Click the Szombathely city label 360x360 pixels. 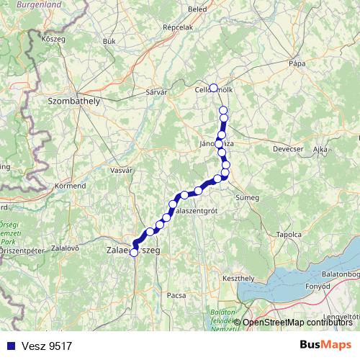click(x=73, y=102)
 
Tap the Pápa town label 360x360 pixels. click(x=297, y=63)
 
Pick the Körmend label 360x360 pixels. click(x=70, y=186)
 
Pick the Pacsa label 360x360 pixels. click(x=176, y=295)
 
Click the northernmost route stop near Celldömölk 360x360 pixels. click(x=213, y=88)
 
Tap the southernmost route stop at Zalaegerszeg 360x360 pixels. click(x=134, y=253)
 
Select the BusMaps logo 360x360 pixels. click(x=325, y=345)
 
